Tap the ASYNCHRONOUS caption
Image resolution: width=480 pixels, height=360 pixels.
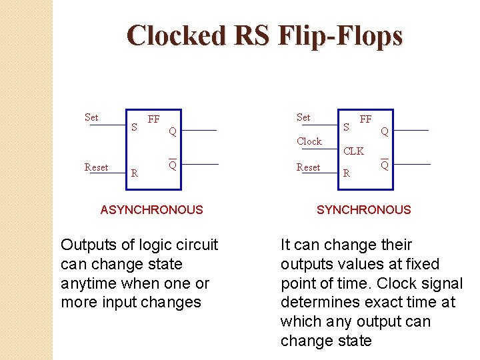click(x=151, y=210)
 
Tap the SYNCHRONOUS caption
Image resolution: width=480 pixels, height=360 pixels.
click(x=363, y=210)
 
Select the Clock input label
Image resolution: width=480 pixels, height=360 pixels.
click(x=309, y=141)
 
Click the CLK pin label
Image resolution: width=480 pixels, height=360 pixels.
click(x=353, y=151)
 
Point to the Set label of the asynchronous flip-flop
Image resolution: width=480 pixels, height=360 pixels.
click(x=91, y=117)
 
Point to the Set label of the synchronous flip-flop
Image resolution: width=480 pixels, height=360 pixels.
click(x=303, y=117)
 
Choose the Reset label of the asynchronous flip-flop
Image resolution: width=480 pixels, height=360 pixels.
click(x=97, y=167)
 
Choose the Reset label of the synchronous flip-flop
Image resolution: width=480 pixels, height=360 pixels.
click(x=308, y=167)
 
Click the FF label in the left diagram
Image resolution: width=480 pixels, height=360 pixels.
click(x=153, y=119)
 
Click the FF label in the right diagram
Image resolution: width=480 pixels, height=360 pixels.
click(x=365, y=119)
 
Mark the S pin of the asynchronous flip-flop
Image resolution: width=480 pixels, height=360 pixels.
click(x=134, y=126)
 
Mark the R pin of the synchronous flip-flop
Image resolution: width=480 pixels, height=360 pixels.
click(x=346, y=174)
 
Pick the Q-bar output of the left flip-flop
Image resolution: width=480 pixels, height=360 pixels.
click(x=172, y=165)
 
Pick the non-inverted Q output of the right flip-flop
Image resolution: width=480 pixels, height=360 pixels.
click(x=385, y=132)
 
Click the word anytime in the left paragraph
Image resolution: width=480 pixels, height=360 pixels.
click(x=87, y=283)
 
